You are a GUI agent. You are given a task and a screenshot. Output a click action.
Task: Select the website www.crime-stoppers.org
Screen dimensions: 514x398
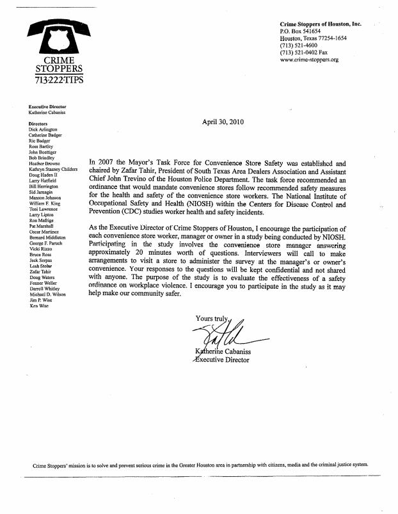point(309,60)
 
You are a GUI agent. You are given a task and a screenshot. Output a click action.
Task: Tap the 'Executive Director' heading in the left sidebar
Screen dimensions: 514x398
point(48,106)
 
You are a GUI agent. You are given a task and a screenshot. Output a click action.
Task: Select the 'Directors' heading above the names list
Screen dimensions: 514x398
point(39,123)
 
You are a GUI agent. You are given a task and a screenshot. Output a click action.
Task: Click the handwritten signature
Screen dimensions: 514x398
point(221,333)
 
